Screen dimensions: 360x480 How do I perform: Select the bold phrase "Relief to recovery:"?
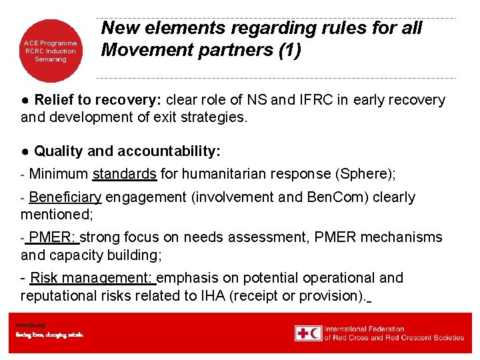click(x=97, y=100)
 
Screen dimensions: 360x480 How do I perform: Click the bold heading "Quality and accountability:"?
click(x=127, y=151)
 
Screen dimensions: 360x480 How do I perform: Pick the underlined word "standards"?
click(x=125, y=174)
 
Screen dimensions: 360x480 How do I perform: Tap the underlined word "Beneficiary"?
click(x=65, y=197)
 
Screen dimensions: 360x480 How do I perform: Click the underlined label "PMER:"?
click(x=54, y=237)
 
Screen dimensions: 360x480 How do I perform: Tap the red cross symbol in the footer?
click(x=303, y=333)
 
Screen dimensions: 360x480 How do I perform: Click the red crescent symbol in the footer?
click(x=315, y=333)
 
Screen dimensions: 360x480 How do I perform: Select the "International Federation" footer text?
click(x=365, y=329)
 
